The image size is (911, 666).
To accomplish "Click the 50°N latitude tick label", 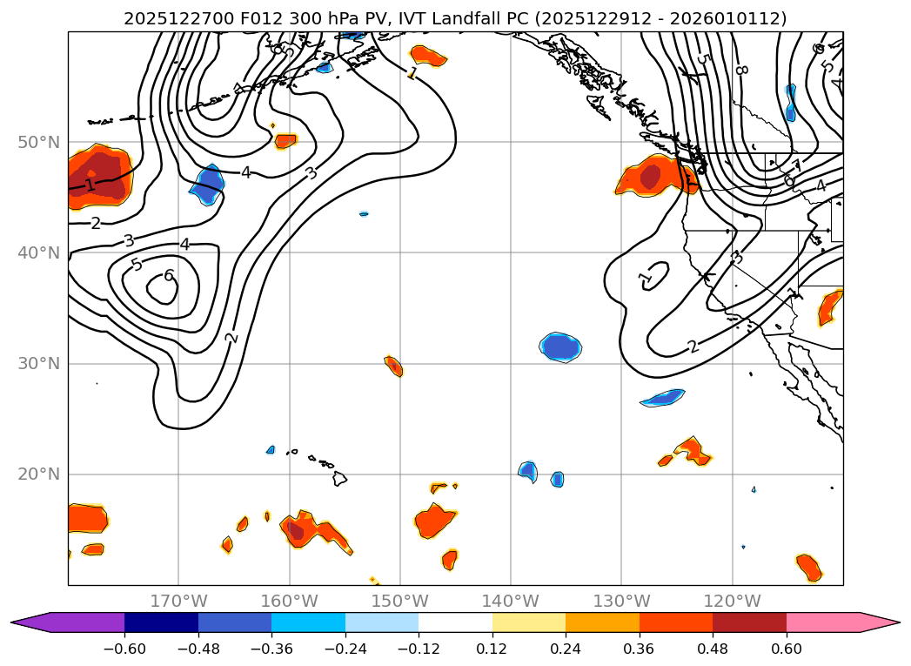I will [x=38, y=142].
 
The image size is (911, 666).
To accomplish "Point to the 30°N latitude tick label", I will [x=38, y=363].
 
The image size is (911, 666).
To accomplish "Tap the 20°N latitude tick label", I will [x=38, y=474].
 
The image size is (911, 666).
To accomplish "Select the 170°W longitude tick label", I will [x=178, y=601].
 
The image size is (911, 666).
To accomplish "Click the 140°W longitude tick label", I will [x=511, y=601].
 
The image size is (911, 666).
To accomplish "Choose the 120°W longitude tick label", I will [x=732, y=601].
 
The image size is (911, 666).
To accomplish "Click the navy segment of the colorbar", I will [x=161, y=622].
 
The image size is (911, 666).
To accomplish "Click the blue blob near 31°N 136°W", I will [x=559, y=346].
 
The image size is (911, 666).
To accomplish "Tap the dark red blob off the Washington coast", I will [x=650, y=177].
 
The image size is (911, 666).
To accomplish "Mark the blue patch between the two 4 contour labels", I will [x=207, y=185].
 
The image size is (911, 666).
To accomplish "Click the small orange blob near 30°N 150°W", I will [x=393, y=366].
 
